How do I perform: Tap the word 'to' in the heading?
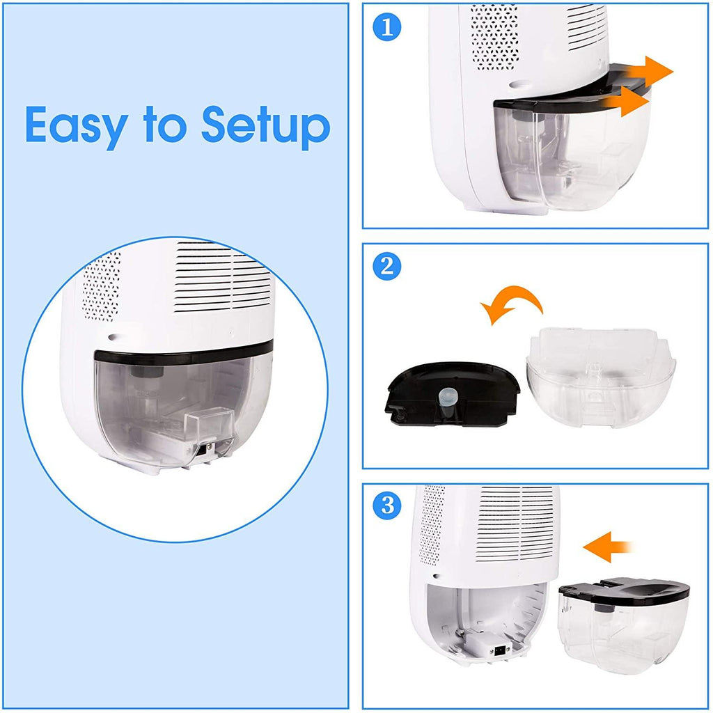pos(165,124)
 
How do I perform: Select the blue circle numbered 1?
pos(386,27)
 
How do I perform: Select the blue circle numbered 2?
pos(386,266)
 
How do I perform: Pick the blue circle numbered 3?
pos(386,506)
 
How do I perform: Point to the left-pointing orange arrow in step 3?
pos(607,547)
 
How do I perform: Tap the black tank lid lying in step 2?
pos(452,394)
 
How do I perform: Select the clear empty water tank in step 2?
pos(601,377)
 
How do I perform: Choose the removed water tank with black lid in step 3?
pos(624,625)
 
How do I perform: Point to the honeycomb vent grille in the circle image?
pos(102,285)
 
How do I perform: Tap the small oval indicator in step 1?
pos(519,84)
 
